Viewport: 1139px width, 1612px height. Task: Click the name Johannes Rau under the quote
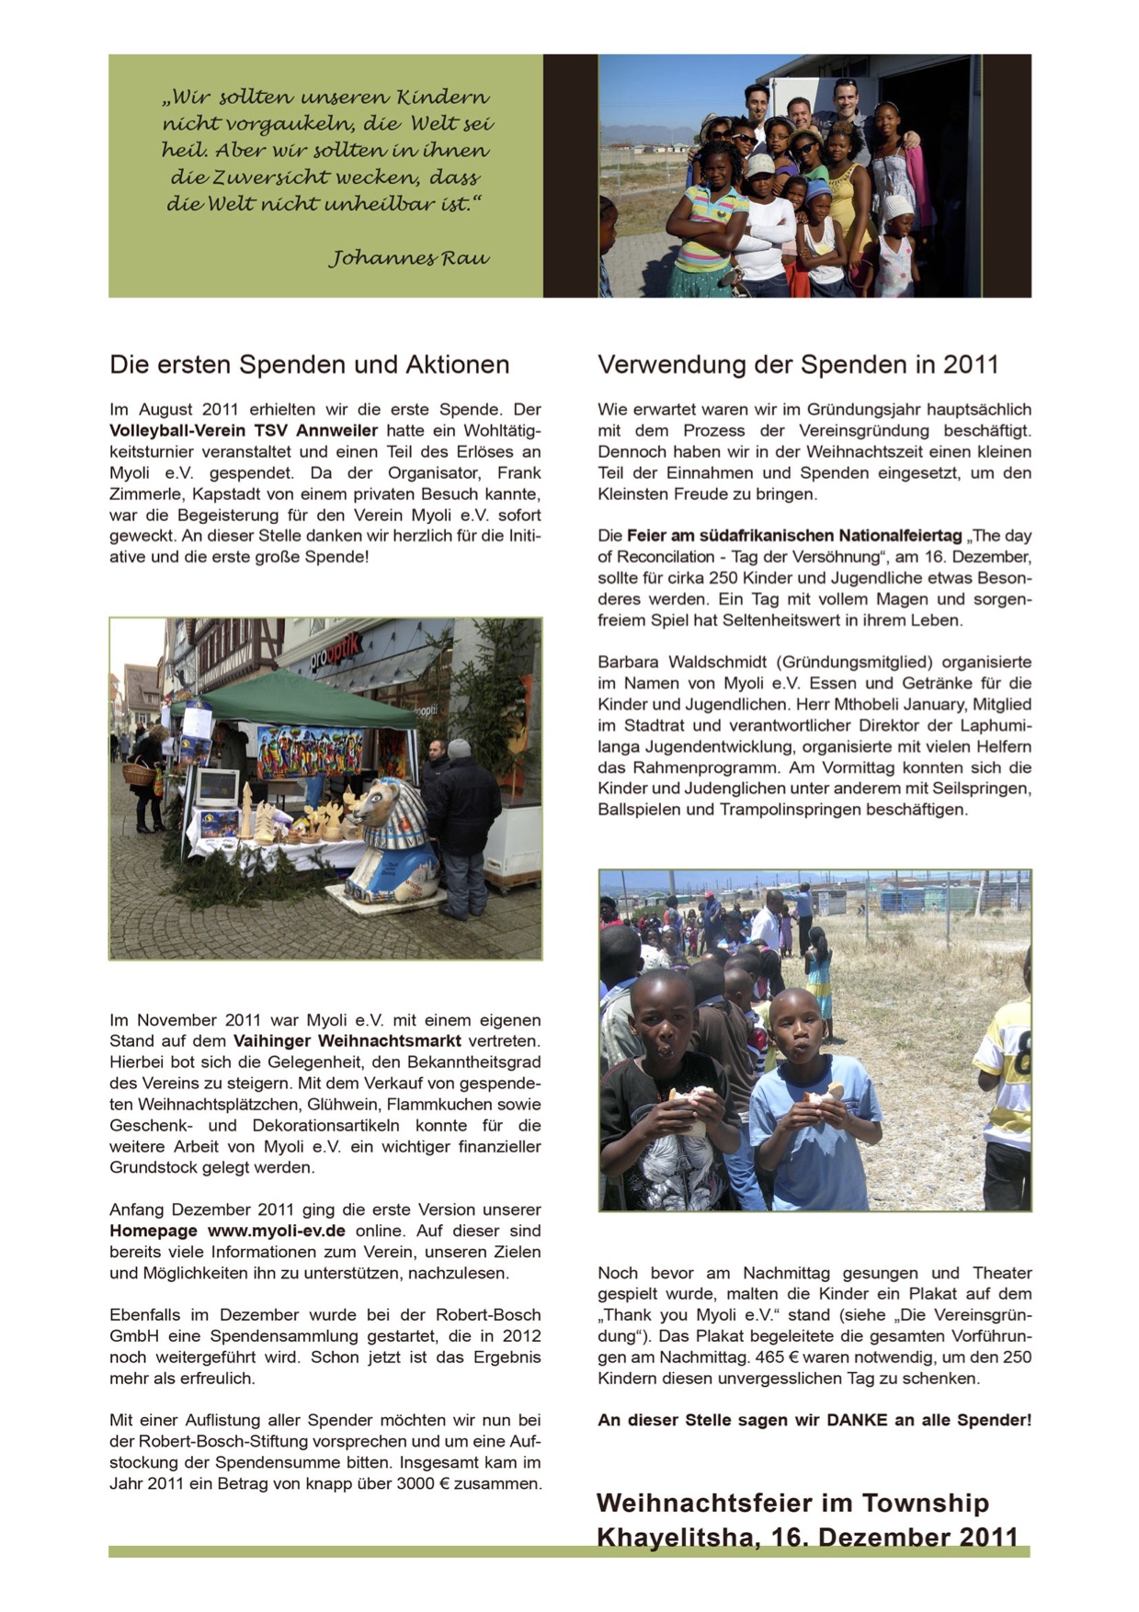point(409,258)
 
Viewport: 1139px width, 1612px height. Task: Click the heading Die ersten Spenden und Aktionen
point(309,365)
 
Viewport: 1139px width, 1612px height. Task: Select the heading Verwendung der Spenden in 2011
point(797,365)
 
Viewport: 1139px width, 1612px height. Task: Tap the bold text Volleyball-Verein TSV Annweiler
point(244,431)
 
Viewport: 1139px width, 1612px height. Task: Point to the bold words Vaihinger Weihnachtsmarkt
point(347,1041)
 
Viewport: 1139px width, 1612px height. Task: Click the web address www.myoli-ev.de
point(277,1231)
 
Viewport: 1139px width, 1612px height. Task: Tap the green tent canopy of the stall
point(294,698)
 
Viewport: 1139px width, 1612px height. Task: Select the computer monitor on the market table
point(216,787)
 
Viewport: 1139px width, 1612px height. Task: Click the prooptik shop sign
point(336,652)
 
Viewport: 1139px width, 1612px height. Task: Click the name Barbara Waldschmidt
point(685,663)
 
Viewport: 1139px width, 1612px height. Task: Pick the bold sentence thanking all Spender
point(814,1420)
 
